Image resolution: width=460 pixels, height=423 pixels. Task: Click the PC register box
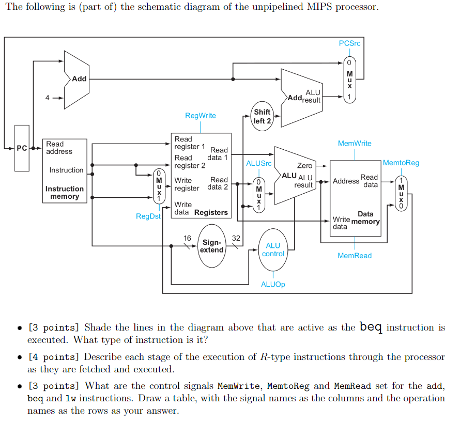(22, 148)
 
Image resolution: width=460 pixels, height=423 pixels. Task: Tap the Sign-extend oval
(212, 246)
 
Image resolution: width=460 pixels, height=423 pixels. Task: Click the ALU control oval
(273, 249)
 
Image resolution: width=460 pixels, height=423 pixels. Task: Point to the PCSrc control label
(349, 43)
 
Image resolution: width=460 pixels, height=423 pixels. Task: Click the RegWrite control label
(201, 115)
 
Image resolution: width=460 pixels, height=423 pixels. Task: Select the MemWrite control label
(355, 143)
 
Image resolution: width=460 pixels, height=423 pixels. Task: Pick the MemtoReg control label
(402, 163)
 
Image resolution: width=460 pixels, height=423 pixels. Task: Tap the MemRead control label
(355, 256)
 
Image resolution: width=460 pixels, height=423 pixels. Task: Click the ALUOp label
(273, 284)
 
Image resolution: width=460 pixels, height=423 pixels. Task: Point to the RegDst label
(148, 216)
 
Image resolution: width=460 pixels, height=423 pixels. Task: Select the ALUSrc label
(258, 163)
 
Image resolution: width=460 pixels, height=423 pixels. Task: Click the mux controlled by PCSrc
(349, 80)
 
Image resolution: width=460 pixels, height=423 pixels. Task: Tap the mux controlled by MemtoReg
(401, 193)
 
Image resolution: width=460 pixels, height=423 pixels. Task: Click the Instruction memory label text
(65, 193)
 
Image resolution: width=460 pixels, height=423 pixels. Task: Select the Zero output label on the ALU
(304, 166)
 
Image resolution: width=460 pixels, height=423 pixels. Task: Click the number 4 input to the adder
(48, 98)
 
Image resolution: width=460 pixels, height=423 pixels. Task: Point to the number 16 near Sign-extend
(187, 238)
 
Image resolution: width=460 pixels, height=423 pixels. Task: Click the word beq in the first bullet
(371, 327)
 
